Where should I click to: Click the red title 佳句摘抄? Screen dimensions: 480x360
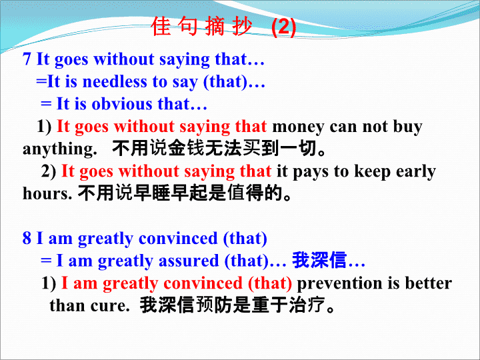[x=202, y=27]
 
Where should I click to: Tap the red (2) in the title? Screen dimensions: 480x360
[x=284, y=27]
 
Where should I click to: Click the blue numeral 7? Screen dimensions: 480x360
[x=27, y=59]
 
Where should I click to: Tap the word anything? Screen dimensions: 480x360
[x=60, y=150]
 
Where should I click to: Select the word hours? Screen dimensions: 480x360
[x=47, y=193]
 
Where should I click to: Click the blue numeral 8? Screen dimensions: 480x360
[x=27, y=238]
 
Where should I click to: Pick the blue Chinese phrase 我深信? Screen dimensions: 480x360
[x=319, y=261]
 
